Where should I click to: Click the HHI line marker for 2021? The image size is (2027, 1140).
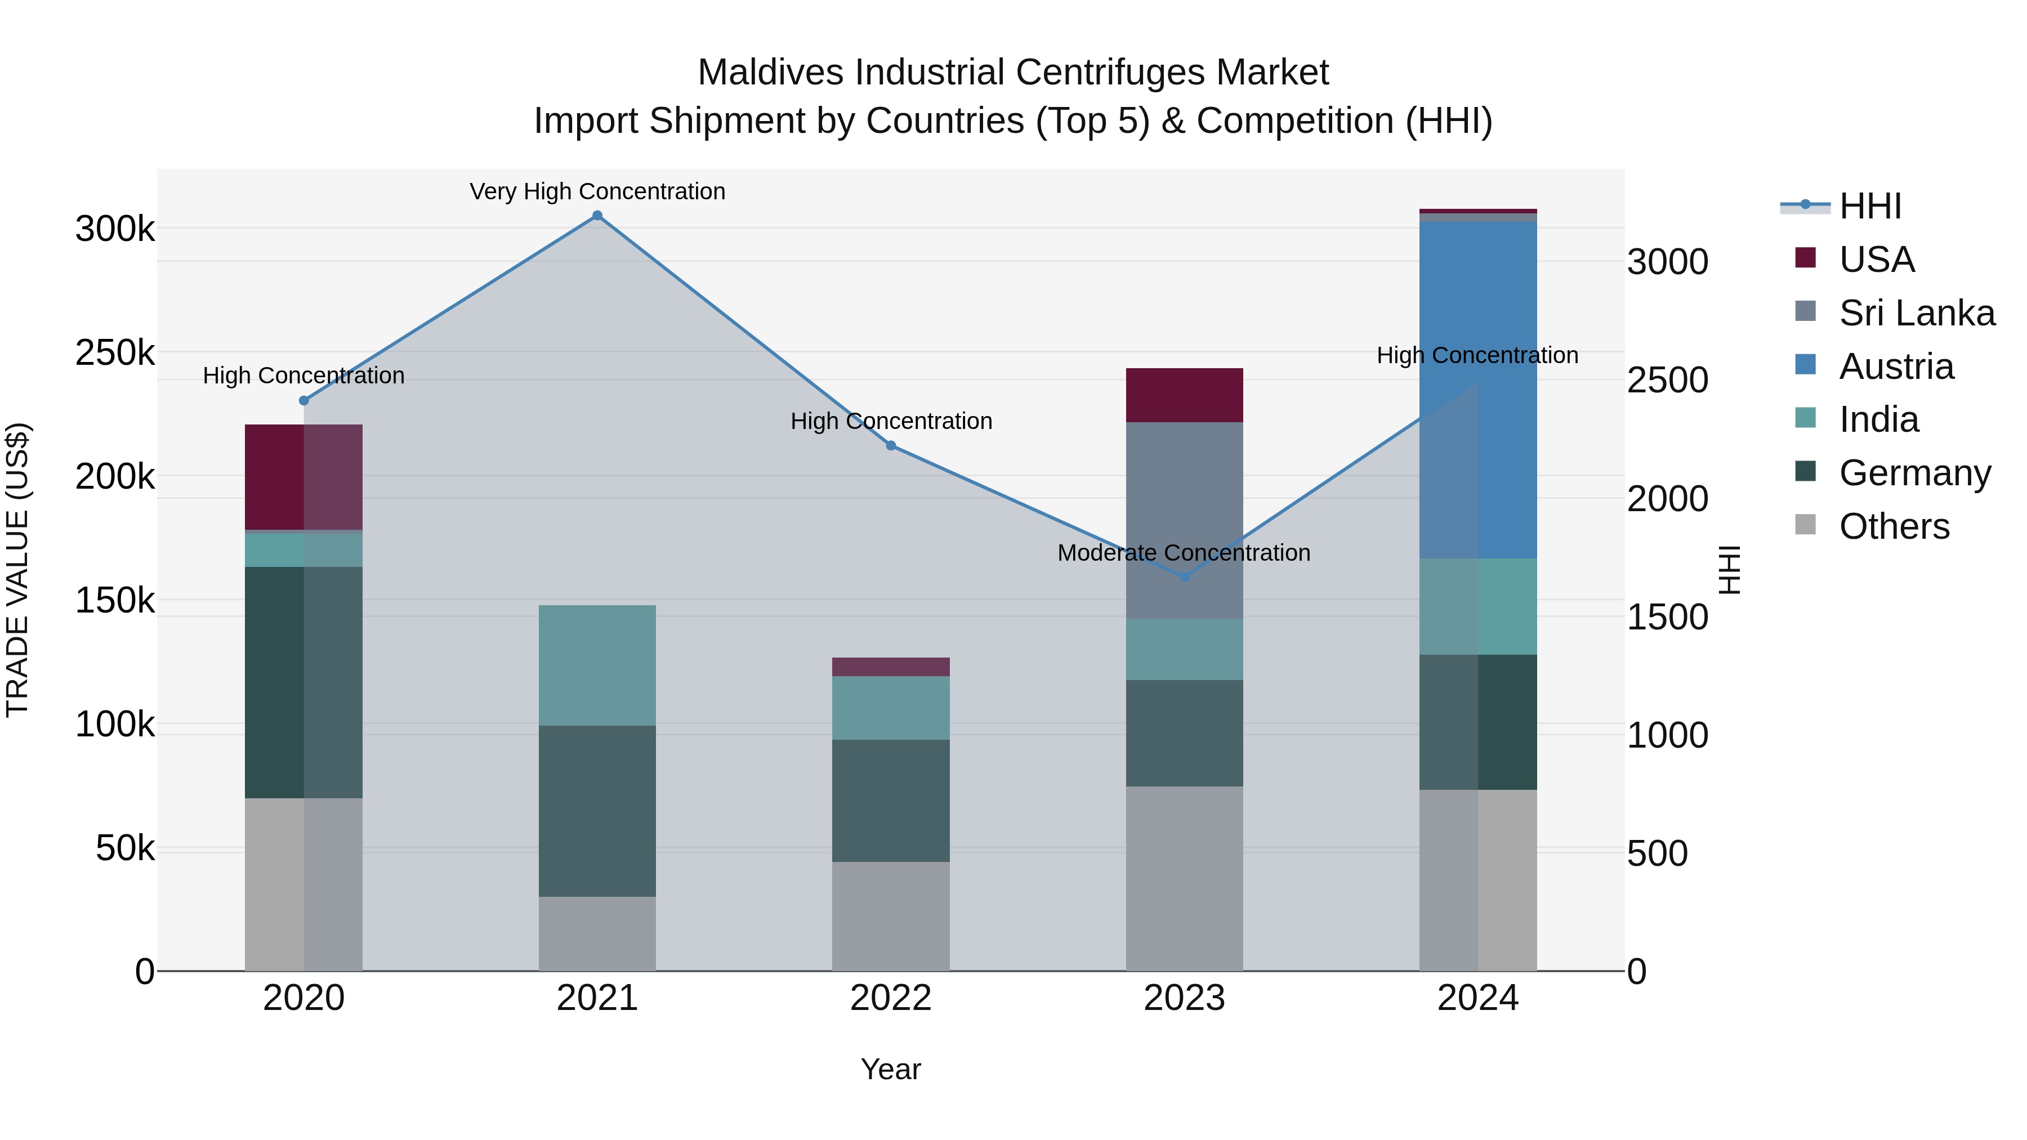(597, 216)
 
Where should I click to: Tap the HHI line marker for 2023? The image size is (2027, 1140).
(1184, 576)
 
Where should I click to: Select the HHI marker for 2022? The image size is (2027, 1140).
(891, 445)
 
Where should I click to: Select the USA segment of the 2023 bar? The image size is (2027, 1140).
(1184, 395)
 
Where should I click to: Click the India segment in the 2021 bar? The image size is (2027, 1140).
(597, 665)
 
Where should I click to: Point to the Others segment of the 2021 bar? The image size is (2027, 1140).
(597, 934)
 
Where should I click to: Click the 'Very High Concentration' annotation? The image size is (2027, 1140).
(597, 191)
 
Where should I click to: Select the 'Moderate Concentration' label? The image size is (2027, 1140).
(1184, 552)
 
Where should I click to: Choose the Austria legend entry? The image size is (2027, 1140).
(1896, 366)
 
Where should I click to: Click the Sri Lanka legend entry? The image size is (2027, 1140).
(1917, 313)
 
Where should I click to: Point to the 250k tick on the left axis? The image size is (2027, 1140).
(115, 353)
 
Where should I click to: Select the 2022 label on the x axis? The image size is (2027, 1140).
(891, 998)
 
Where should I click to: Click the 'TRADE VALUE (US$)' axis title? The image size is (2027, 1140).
(17, 570)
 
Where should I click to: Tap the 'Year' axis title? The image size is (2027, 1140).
(891, 1069)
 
